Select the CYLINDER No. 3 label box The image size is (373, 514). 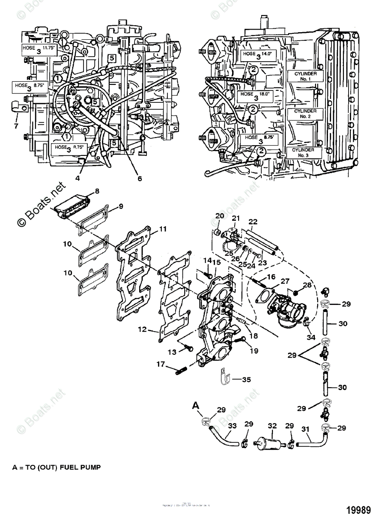pos(303,152)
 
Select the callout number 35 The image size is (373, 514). pos(246,380)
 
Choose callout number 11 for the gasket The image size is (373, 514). pos(163,229)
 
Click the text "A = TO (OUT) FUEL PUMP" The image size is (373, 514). pos(57,467)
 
